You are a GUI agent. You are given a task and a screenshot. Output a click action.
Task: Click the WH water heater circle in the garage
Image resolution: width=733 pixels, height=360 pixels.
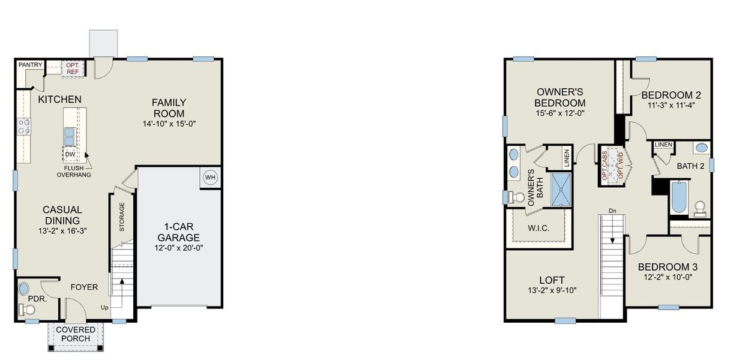coord(210,178)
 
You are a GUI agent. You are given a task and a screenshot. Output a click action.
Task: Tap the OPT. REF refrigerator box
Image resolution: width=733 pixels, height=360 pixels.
coord(73,68)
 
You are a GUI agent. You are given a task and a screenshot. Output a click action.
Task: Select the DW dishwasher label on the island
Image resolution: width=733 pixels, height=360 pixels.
coord(70,154)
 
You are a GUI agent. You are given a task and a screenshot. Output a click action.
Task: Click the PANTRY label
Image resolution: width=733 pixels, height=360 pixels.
coord(29,64)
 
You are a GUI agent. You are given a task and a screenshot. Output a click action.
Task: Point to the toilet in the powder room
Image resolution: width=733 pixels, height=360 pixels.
coord(25,310)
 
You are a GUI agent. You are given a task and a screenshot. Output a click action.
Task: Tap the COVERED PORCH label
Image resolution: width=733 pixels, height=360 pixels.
coord(76,334)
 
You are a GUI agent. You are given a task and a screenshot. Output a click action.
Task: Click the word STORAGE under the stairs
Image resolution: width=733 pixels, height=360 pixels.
coord(122,217)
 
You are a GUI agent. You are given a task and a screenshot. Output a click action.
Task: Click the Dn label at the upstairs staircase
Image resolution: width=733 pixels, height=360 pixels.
coord(612,211)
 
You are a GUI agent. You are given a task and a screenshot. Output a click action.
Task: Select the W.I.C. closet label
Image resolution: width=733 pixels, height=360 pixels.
coord(539,228)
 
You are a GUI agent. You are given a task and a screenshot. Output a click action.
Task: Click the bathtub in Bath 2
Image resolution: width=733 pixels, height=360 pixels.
coord(678,197)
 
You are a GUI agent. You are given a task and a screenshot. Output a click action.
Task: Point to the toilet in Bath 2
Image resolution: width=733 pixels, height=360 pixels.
coord(699,208)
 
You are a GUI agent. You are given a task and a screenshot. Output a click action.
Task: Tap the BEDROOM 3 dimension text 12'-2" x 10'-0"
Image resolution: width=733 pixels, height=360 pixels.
coord(667,278)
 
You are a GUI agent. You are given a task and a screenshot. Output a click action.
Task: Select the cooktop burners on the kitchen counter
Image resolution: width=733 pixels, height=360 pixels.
coord(24,127)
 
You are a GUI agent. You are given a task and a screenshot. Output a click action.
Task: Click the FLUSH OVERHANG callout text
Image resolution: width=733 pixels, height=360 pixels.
coord(74,172)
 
